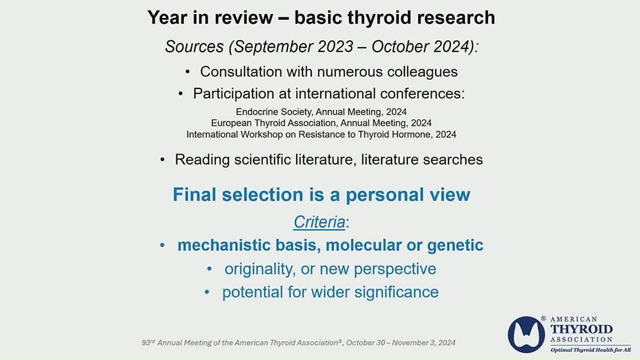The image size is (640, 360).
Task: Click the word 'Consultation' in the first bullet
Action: pos(241,72)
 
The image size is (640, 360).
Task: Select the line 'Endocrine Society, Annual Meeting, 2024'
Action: pos(321,112)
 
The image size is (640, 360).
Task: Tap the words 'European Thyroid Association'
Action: pos(274,123)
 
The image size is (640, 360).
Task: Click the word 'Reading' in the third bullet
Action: pos(202,159)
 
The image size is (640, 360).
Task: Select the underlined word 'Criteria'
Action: pos(319,222)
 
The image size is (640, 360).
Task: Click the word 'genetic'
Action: pos(455,245)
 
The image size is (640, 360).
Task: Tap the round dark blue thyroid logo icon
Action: pos(526,334)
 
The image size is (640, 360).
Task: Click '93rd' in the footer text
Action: pos(148,343)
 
